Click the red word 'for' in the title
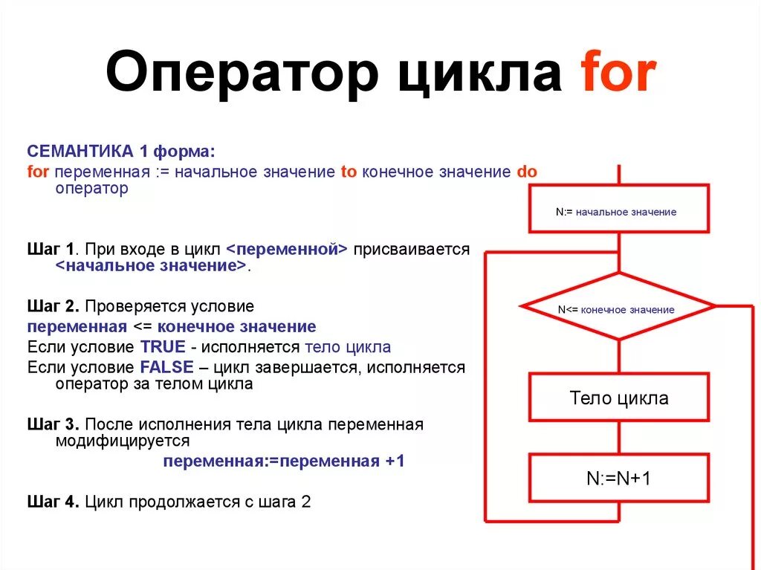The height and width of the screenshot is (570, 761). (x=618, y=74)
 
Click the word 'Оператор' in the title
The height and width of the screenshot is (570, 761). (x=241, y=74)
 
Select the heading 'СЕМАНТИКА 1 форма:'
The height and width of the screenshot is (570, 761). (x=121, y=152)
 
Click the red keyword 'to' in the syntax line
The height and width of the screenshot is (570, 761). (x=349, y=172)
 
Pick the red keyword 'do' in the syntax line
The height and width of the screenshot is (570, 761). (x=526, y=172)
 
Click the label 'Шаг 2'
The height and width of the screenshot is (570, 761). (x=52, y=306)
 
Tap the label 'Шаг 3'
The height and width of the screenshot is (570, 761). (x=52, y=424)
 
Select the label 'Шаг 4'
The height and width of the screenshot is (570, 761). (x=52, y=501)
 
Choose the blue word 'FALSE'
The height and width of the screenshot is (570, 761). (x=166, y=366)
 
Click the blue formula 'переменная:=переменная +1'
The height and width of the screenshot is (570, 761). (x=284, y=461)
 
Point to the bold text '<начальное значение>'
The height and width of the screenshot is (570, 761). (x=150, y=265)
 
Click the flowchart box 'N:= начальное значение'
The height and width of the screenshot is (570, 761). (x=618, y=212)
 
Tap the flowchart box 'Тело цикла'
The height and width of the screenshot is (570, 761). (x=618, y=398)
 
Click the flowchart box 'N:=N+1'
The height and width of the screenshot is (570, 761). (x=618, y=478)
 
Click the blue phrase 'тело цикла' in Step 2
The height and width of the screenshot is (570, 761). (x=348, y=346)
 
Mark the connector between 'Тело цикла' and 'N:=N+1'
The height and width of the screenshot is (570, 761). (x=618, y=437)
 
